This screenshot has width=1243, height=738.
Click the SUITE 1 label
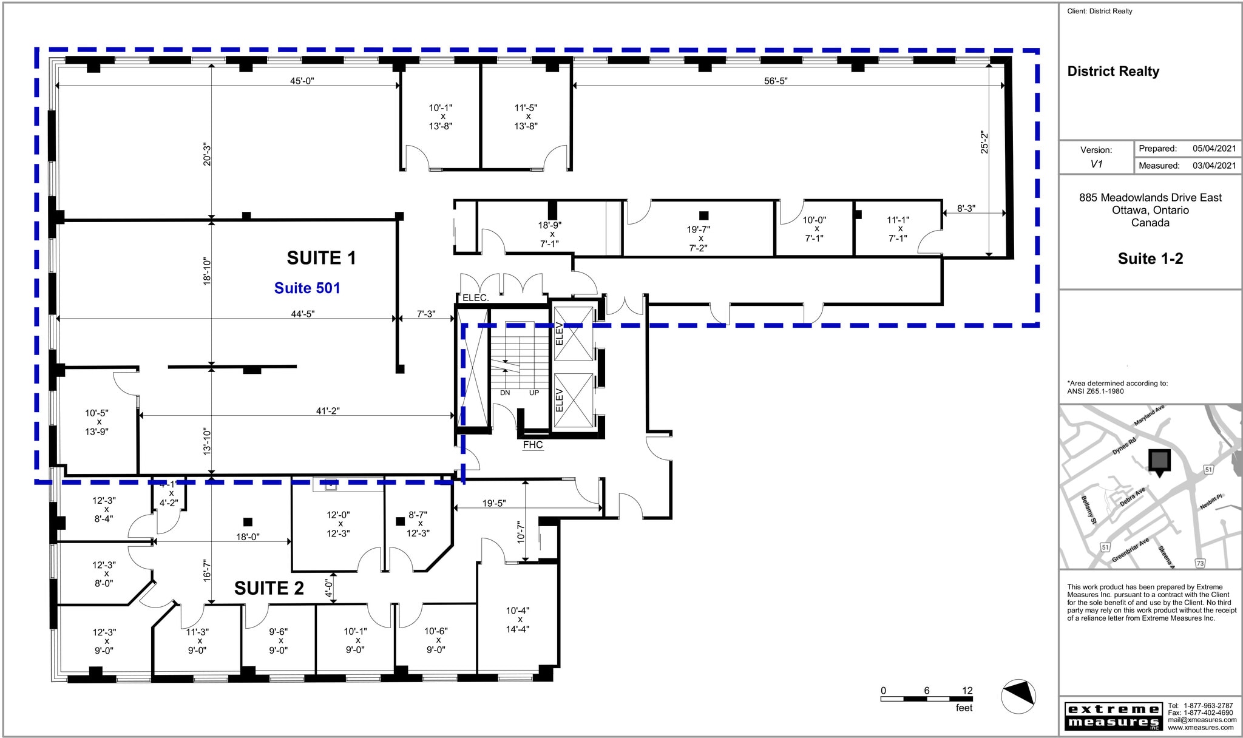pyautogui.click(x=321, y=259)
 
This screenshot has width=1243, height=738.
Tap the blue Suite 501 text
pyautogui.click(x=307, y=288)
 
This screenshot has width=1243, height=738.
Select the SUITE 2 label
pyautogui.click(x=269, y=588)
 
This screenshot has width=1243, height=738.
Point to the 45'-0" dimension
pyautogui.click(x=302, y=81)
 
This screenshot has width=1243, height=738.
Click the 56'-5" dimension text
pyautogui.click(x=776, y=81)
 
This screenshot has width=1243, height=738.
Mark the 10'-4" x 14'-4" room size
pyautogui.click(x=518, y=620)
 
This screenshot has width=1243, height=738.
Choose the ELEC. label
pyautogui.click(x=475, y=298)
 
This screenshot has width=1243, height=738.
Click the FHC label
pyautogui.click(x=533, y=445)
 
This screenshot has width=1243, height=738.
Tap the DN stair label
pyautogui.click(x=505, y=393)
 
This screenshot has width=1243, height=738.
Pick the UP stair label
pyautogui.click(x=534, y=393)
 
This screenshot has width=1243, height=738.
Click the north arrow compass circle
pyautogui.click(x=1018, y=696)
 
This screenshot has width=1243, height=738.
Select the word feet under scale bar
pyautogui.click(x=964, y=708)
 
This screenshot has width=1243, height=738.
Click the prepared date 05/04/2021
pyautogui.click(x=1214, y=148)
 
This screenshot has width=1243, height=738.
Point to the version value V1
pyautogui.click(x=1096, y=164)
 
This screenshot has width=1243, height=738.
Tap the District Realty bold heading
pyautogui.click(x=1113, y=72)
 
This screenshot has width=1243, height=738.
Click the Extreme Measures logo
pyautogui.click(x=1113, y=716)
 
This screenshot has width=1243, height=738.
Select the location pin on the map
pyautogui.click(x=1159, y=462)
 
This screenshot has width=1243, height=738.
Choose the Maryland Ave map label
pyautogui.click(x=1149, y=415)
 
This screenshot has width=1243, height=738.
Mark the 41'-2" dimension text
pyautogui.click(x=328, y=411)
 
